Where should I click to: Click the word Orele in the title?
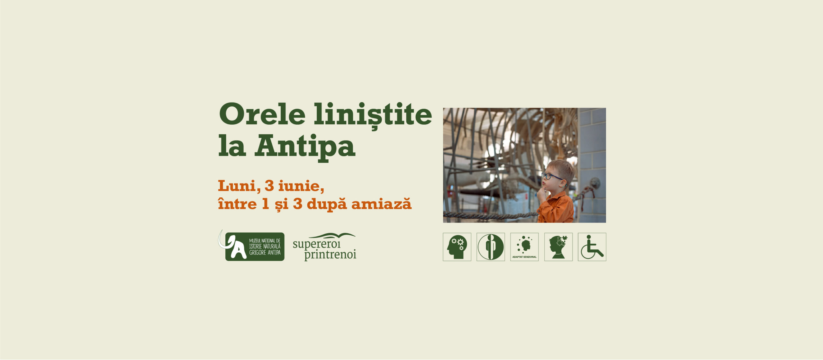click(x=262, y=115)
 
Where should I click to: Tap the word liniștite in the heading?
click(x=373, y=115)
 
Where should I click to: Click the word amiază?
click(x=381, y=204)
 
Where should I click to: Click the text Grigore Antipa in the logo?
click(x=265, y=253)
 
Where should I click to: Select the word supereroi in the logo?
click(x=316, y=244)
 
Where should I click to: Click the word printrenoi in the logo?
click(x=330, y=255)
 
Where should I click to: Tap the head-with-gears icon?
click(x=457, y=247)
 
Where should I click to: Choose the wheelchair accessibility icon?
click(x=592, y=247)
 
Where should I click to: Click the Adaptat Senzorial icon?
click(x=524, y=247)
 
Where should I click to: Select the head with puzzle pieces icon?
click(x=558, y=247)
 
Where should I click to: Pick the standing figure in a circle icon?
click(x=491, y=247)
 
